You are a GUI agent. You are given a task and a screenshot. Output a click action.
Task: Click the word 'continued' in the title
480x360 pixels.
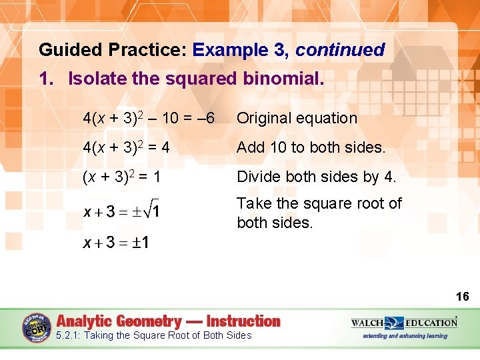(340, 50)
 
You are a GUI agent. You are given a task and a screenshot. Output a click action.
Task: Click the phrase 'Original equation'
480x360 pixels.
(297, 119)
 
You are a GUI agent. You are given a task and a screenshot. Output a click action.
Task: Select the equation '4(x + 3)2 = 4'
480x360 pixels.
(126, 148)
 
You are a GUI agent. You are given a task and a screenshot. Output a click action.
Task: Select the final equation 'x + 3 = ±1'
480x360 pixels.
(115, 242)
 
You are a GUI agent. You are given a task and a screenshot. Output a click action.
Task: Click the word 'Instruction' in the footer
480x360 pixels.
(243, 321)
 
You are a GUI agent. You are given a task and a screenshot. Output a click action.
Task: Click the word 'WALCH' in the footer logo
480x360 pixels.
(368, 323)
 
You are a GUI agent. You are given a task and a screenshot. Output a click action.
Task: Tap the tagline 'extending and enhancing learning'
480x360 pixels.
(405, 336)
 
